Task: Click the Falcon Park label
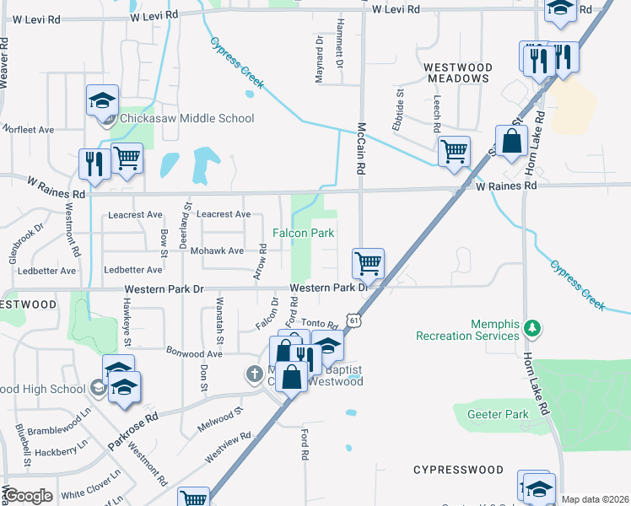[x=303, y=233]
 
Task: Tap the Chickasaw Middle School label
[x=186, y=119]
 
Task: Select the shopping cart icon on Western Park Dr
[x=368, y=263]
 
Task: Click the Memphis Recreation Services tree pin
[x=531, y=326]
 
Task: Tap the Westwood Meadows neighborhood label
[x=456, y=73]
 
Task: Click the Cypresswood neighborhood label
[x=458, y=469]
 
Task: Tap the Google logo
[x=28, y=496]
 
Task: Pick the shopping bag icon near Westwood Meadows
[x=512, y=140]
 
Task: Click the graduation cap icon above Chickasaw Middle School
[x=102, y=100]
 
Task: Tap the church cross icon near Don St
[x=254, y=373]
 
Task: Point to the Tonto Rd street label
[x=320, y=323]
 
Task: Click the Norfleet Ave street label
[x=28, y=130]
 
